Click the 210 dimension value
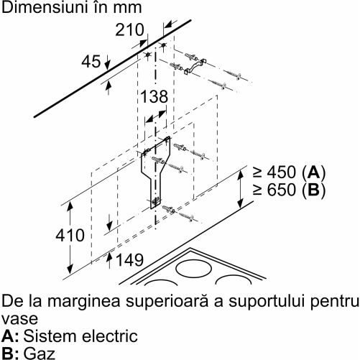(129, 30)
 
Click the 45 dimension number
(91, 62)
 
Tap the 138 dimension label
(154, 96)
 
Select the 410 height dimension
(70, 235)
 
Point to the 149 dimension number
(129, 260)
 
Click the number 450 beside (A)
(282, 172)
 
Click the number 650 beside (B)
(282, 190)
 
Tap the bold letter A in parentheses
(314, 172)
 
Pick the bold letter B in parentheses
(314, 190)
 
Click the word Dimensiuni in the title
(42, 7)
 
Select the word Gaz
(40, 354)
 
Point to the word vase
(19, 319)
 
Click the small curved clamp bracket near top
(195, 65)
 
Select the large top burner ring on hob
(193, 268)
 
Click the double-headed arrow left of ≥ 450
(241, 188)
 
